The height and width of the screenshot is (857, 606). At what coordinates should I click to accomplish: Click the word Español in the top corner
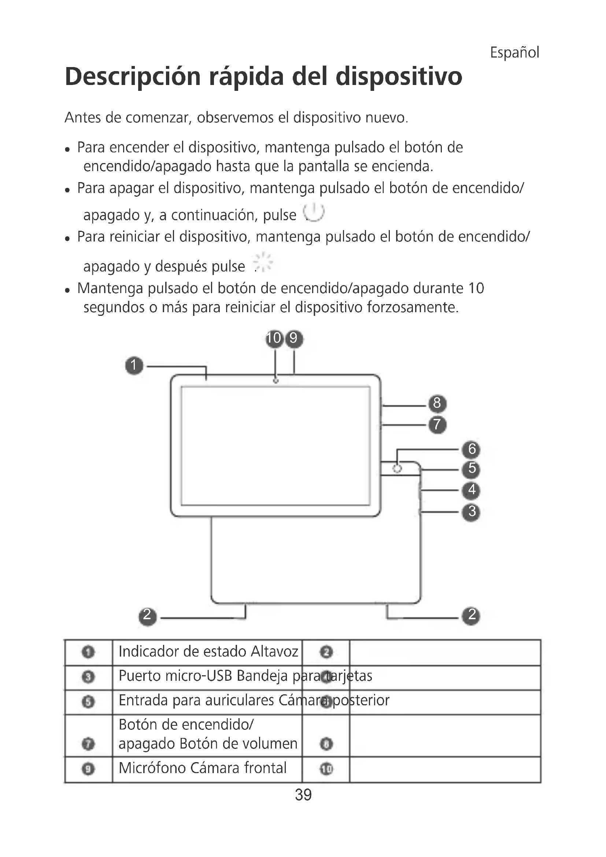[514, 52]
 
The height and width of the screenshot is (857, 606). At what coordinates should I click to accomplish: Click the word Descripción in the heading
[133, 77]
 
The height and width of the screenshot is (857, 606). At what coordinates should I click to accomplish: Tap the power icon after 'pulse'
[314, 213]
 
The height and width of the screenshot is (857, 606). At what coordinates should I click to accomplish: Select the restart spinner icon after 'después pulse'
[263, 262]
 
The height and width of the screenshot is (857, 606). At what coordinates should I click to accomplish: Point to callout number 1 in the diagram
[134, 365]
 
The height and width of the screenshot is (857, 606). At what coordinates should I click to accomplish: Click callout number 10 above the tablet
[274, 338]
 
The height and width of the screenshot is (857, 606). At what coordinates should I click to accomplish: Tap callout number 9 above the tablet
[294, 338]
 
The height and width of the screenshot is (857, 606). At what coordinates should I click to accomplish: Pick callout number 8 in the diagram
[437, 403]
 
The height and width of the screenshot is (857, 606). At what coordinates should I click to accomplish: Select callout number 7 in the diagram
[437, 425]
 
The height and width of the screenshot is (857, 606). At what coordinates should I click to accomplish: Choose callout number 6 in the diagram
[472, 449]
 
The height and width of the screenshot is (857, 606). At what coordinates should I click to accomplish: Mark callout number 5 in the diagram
[472, 469]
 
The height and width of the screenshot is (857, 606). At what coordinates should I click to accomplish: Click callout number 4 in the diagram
[472, 490]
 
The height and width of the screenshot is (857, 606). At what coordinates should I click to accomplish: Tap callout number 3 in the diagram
[472, 511]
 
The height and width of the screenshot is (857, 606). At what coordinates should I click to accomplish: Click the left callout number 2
[147, 615]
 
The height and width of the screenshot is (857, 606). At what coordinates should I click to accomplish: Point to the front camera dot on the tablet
[276, 381]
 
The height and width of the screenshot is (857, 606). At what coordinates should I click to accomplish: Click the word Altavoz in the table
[274, 652]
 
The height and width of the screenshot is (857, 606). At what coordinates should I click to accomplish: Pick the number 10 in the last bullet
[476, 288]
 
